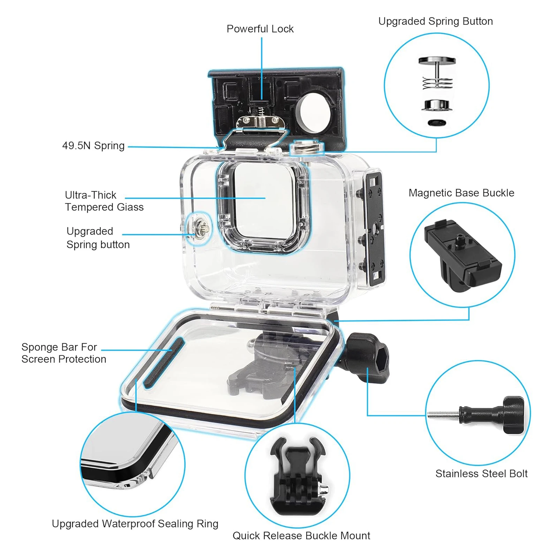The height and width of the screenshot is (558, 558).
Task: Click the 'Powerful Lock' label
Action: pos(260,29)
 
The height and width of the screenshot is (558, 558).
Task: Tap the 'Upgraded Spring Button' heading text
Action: pos(436,22)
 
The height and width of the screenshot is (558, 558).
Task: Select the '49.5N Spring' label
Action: pos(93,146)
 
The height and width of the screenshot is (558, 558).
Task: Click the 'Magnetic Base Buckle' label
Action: pos(461,193)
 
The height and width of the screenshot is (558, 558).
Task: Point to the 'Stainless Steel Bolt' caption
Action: pos(481,474)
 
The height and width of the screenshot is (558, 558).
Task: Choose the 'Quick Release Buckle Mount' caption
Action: pos(301,536)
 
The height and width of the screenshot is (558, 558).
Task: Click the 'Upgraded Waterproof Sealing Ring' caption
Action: pos(135,524)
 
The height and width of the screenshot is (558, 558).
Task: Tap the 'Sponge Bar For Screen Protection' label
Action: pos(64,353)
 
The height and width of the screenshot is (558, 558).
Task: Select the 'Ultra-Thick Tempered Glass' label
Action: pos(104,201)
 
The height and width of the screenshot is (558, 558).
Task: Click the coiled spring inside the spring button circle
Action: pos(437,83)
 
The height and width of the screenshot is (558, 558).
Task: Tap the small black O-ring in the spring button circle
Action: pos(437,122)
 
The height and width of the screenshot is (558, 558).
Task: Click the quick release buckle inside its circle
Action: pos(297,476)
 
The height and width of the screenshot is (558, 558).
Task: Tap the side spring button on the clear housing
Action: pos(201,228)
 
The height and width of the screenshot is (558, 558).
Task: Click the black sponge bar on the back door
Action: pos(164,362)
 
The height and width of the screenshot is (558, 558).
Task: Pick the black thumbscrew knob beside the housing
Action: pos(368,358)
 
